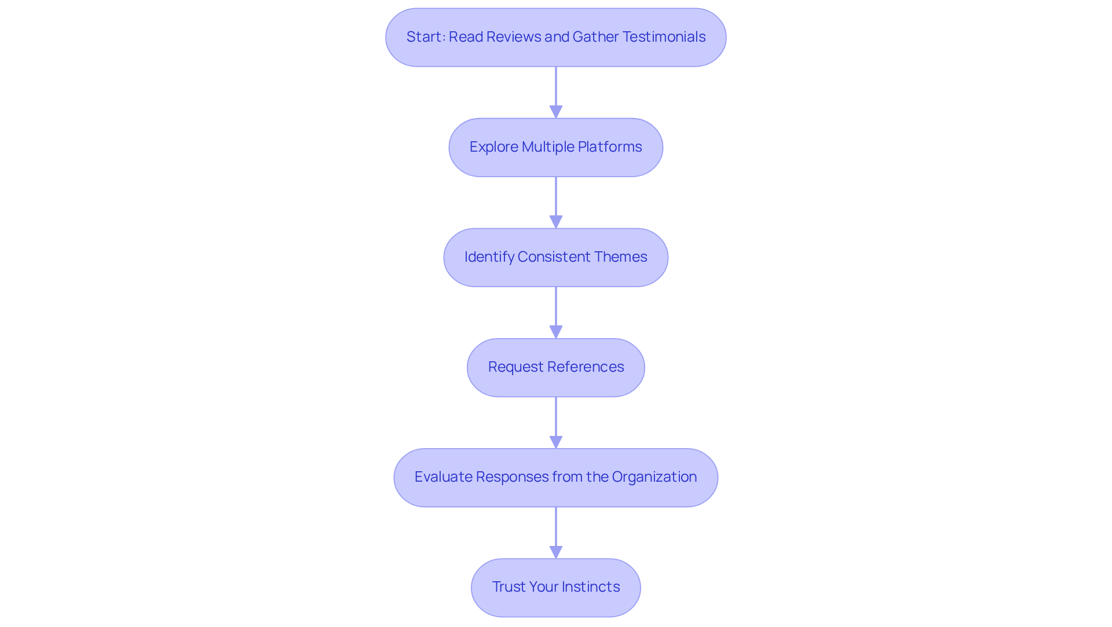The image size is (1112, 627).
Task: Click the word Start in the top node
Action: point(424,37)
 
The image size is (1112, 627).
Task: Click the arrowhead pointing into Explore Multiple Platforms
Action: point(556,112)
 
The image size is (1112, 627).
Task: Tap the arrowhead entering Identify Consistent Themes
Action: point(556,222)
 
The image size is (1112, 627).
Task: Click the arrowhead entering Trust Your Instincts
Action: point(556,552)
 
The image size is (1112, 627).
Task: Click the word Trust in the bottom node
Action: point(509,587)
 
